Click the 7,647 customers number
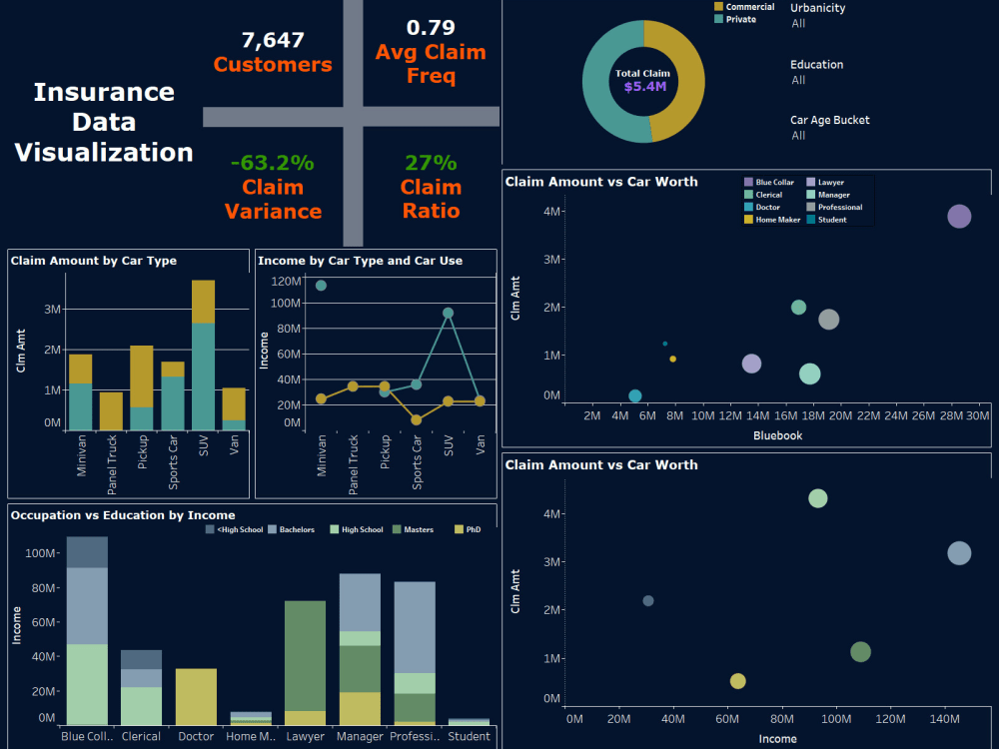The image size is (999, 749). coord(273,40)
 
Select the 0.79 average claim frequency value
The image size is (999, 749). coord(431,27)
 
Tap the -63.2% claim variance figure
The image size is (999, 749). coord(273,163)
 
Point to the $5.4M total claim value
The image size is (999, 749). coord(644,87)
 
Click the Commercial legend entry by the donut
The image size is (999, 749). coord(744,7)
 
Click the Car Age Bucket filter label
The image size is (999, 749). coord(829,120)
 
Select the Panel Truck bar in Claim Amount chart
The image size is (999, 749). coord(111,411)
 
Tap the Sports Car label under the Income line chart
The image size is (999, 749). coord(417,462)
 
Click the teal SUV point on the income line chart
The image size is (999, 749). coord(448,314)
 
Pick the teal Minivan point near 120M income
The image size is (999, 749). coord(321,286)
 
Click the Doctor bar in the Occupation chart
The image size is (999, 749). coord(196,697)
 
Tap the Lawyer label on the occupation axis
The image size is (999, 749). coord(305,736)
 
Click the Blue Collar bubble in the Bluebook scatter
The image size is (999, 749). coord(959,217)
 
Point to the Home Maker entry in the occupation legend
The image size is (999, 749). coord(772,220)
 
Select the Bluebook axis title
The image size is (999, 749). coord(778,435)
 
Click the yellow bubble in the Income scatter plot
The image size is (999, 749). coord(738,681)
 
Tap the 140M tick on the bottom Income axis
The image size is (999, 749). coord(944,719)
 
